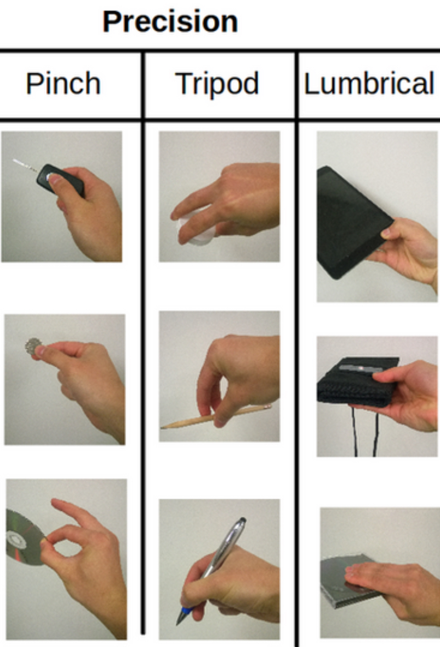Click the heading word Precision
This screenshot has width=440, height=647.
click(170, 22)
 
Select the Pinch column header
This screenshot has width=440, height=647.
click(63, 84)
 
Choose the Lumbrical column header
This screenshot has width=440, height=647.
click(369, 83)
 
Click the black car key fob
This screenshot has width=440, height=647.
click(62, 180)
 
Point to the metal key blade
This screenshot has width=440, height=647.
click(25, 165)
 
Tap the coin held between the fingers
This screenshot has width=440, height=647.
click(32, 346)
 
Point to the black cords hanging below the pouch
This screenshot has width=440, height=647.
click(365, 432)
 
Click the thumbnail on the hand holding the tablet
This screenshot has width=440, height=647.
click(386, 234)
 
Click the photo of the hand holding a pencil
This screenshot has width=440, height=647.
click(219, 376)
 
